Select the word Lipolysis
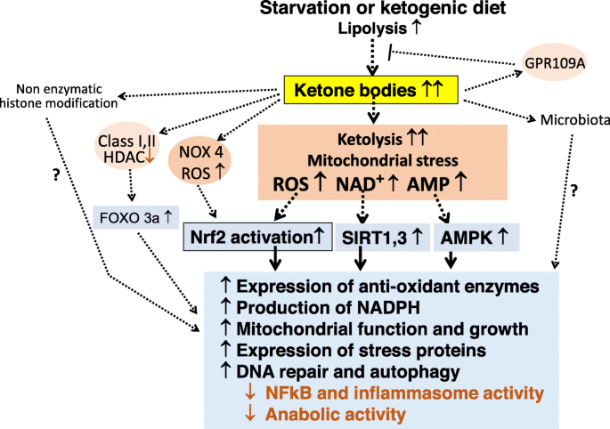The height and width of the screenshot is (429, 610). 366,30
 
